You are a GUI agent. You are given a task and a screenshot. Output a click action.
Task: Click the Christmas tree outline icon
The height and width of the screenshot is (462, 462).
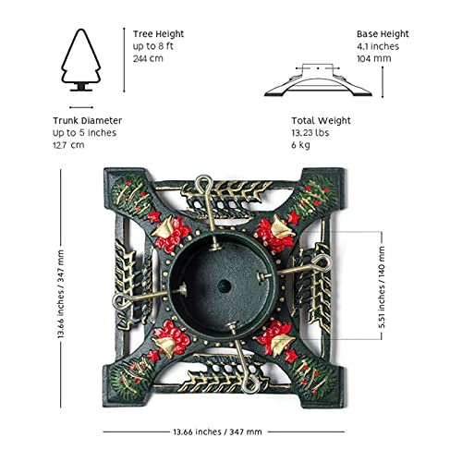[x=81, y=60]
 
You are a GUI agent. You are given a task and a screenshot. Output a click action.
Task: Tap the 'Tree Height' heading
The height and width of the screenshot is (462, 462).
[x=158, y=34]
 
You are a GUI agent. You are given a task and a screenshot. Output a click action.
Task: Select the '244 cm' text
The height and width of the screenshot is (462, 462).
[x=148, y=58]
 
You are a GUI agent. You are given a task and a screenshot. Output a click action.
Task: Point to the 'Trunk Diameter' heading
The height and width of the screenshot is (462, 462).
[x=87, y=120]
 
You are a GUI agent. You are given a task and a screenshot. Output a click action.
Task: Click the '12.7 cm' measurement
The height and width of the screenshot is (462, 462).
[x=68, y=145]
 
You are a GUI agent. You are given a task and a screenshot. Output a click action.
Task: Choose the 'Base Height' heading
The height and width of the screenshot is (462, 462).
[x=383, y=34]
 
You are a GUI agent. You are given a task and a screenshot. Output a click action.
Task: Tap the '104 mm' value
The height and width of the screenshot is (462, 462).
[x=374, y=58]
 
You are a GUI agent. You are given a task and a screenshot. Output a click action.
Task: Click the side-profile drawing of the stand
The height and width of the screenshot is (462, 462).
[x=318, y=80]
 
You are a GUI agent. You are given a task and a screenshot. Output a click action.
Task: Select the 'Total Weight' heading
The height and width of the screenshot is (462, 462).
[x=321, y=120]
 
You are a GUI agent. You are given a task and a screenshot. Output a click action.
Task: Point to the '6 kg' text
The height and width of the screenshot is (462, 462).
[x=300, y=145]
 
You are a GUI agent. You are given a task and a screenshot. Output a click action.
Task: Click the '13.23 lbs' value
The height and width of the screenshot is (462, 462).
[x=310, y=133]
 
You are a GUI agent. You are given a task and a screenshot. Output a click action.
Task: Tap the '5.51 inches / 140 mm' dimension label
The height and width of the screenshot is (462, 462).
[x=382, y=286]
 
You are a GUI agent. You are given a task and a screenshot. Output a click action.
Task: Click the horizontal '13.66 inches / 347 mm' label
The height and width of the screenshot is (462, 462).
[x=217, y=432]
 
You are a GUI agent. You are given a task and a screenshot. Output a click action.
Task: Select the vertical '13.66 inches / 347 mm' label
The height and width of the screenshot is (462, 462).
[x=61, y=294]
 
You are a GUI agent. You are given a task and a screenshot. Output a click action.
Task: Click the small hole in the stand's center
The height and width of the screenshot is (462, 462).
[x=224, y=286]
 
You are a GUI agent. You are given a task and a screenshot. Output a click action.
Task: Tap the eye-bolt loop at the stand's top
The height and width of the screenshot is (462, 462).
[x=203, y=183]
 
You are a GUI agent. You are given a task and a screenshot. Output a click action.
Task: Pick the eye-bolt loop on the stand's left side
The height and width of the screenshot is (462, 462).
[x=121, y=301]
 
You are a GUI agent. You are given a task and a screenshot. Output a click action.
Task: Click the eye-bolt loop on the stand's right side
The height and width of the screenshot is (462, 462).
[x=321, y=263]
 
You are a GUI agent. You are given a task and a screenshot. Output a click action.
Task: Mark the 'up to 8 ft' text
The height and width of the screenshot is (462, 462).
[x=153, y=46]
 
